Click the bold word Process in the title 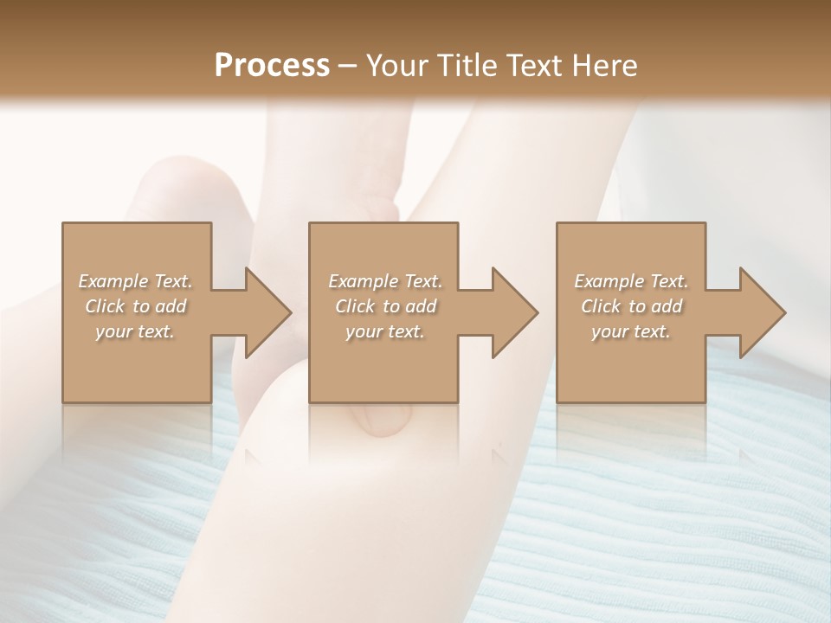(272, 66)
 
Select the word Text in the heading (536, 66)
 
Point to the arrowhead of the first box (267, 312)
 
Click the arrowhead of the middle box (514, 312)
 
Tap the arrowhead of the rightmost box (762, 312)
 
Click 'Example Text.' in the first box (136, 281)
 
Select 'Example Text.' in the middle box (385, 281)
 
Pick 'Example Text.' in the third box (631, 281)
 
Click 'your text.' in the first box (135, 331)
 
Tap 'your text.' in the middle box (384, 331)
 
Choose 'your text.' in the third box (631, 331)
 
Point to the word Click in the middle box (354, 306)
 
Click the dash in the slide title (348, 66)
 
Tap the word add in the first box (171, 306)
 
